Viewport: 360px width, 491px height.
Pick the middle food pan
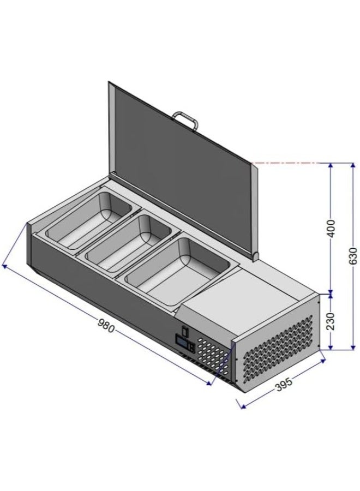pos(129,243)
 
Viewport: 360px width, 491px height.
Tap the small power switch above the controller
pos(185,330)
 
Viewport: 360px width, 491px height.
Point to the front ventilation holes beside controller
pos(213,355)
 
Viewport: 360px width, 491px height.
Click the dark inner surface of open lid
pos(175,164)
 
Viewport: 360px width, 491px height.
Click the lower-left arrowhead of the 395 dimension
pos(241,405)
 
